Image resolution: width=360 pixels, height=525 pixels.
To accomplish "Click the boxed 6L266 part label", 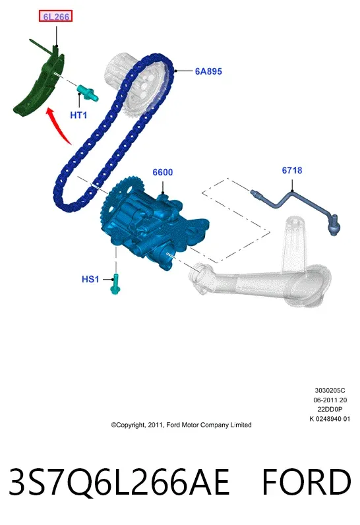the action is (x=55, y=16).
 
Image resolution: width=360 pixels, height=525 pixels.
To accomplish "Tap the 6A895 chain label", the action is (x=208, y=71).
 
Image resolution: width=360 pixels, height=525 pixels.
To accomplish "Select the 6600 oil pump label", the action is (x=163, y=172).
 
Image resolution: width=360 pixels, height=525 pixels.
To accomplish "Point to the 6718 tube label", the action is (x=291, y=170).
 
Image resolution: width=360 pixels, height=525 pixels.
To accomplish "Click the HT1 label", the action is (x=78, y=115).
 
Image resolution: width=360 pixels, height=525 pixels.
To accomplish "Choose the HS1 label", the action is (x=90, y=279).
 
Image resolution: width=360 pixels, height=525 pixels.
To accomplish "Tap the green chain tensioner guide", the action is (x=41, y=80).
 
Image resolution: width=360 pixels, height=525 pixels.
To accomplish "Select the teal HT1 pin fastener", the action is (x=88, y=92).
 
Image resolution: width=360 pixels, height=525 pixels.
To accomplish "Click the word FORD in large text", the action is (x=306, y=482).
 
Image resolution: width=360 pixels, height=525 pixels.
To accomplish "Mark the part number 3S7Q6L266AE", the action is (x=119, y=482).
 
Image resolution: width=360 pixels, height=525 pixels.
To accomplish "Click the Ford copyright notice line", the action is (x=181, y=425).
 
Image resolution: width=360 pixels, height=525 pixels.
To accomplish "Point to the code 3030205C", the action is (x=330, y=390).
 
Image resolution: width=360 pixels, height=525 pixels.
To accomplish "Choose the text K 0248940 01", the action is (x=330, y=419).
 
